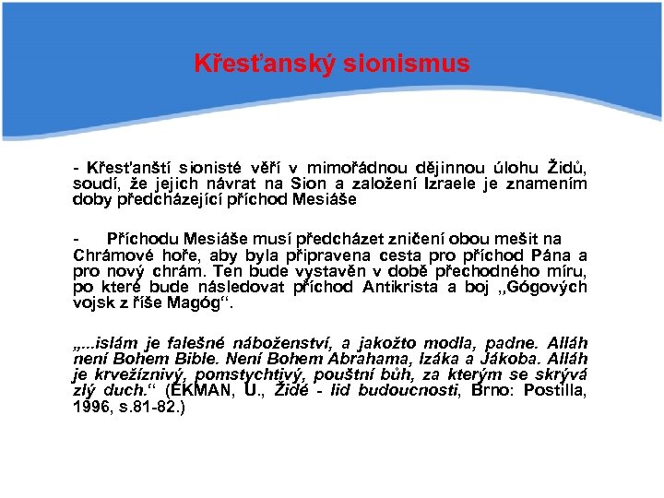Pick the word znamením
point(550,184)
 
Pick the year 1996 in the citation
point(91,406)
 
